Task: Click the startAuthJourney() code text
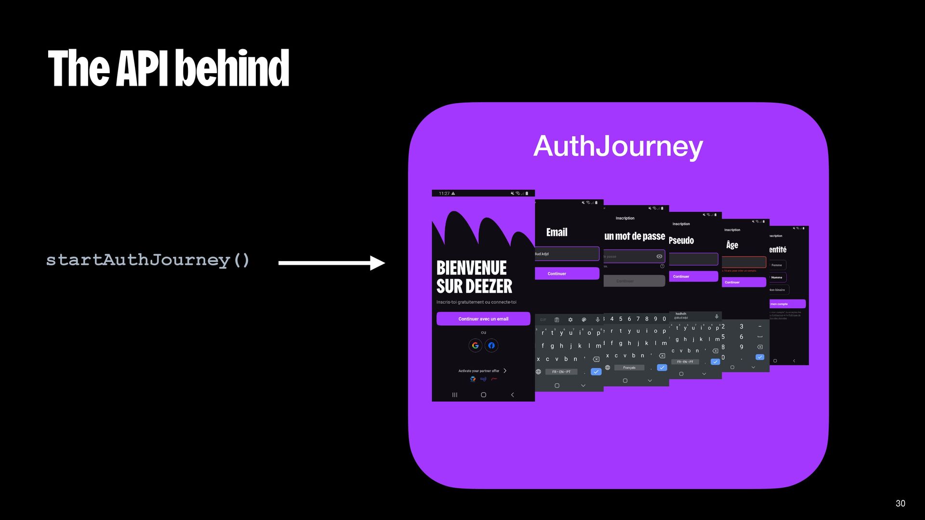[148, 260]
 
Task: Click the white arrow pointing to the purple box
[331, 263]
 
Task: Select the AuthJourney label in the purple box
[618, 146]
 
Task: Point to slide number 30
[900, 503]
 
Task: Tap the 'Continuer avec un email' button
[483, 319]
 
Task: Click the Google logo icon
[475, 345]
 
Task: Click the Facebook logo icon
[491, 345]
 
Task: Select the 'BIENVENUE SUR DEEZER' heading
[474, 277]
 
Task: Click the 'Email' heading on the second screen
[556, 233]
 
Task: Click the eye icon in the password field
[659, 256]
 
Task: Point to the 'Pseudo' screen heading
[681, 241]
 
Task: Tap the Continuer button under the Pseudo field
[693, 276]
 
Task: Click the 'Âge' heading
[732, 245]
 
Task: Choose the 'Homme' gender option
[777, 277]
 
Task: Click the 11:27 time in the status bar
[444, 194]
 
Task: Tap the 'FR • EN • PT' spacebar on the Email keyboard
[561, 372]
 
